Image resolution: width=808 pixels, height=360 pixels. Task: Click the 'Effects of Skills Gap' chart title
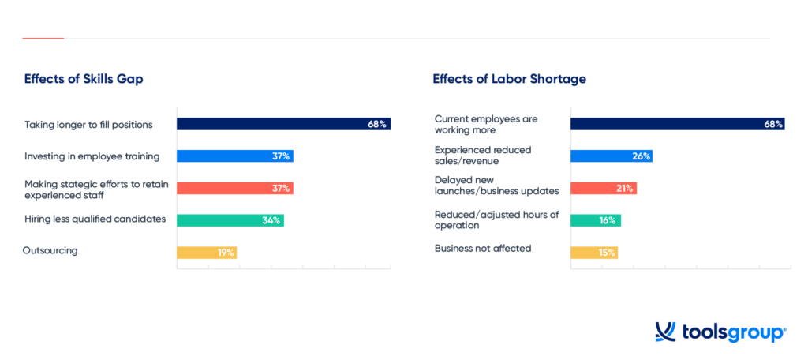coord(84,79)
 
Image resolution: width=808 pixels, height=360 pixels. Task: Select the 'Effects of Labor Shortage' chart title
coord(509,79)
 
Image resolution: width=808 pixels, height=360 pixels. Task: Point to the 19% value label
coord(226,253)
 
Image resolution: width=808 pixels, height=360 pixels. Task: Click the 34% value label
coord(271,220)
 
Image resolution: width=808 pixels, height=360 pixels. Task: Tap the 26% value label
coord(641,156)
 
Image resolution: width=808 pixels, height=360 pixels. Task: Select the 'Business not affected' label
coord(483,248)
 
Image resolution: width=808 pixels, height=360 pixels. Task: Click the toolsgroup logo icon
coord(665,332)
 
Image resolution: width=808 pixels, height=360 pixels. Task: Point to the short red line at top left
coord(43,38)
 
